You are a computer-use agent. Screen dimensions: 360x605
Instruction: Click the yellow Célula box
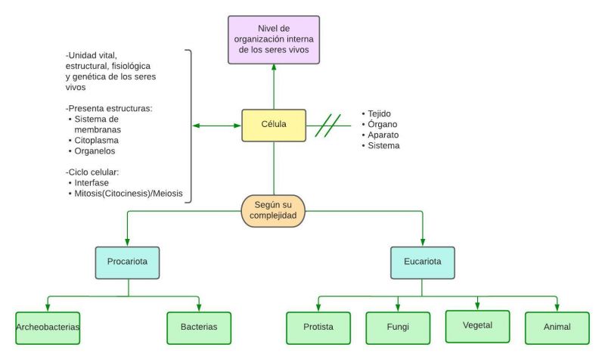point(274,126)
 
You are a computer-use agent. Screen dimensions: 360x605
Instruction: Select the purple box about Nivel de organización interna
point(274,39)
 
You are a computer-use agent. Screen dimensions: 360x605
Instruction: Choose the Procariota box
point(127,262)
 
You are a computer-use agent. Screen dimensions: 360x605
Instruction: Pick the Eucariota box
point(423,262)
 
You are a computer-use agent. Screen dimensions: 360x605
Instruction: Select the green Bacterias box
point(198,327)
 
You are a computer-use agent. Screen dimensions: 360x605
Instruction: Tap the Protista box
point(318,327)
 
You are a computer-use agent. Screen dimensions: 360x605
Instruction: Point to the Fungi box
point(398,327)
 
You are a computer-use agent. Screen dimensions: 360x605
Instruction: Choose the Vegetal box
point(477,326)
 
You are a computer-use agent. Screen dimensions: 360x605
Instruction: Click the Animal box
point(557,327)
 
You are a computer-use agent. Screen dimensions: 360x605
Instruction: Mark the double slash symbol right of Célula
point(327,126)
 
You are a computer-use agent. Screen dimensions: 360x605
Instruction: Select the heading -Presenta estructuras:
point(110,108)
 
